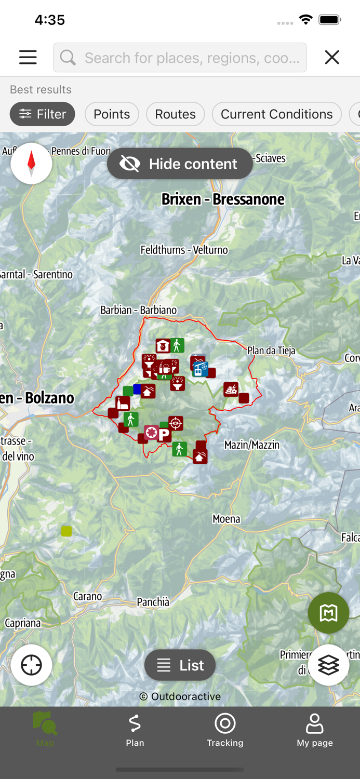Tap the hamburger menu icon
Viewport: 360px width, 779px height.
tap(28, 57)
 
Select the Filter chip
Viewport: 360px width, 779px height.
tap(42, 114)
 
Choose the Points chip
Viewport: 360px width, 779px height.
tap(112, 114)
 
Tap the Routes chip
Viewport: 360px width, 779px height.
tap(175, 114)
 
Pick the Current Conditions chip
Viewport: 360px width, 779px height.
tap(276, 114)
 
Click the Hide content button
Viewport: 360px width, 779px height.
tap(180, 164)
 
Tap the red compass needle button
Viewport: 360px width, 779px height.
tap(31, 163)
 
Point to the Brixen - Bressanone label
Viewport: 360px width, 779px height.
tap(223, 199)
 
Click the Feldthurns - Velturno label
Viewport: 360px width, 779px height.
tap(184, 250)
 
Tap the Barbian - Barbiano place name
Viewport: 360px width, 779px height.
tap(138, 310)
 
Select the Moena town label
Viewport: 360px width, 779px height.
tap(226, 519)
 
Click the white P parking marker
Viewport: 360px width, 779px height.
tap(165, 435)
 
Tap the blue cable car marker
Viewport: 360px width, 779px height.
tap(201, 369)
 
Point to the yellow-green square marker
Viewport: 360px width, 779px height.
tap(66, 531)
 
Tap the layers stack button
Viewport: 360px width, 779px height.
tap(328, 665)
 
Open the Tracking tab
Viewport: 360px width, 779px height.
tap(225, 730)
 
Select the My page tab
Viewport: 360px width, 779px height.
tap(315, 730)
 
